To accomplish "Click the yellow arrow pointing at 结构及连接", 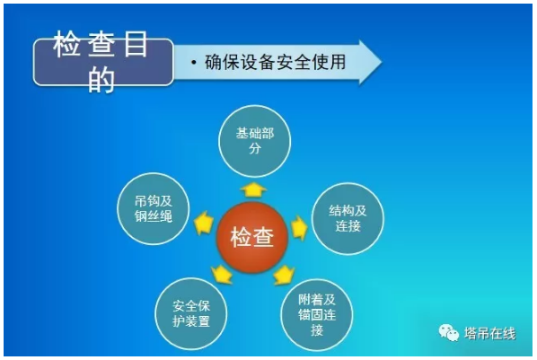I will pyautogui.click(x=299, y=226).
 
